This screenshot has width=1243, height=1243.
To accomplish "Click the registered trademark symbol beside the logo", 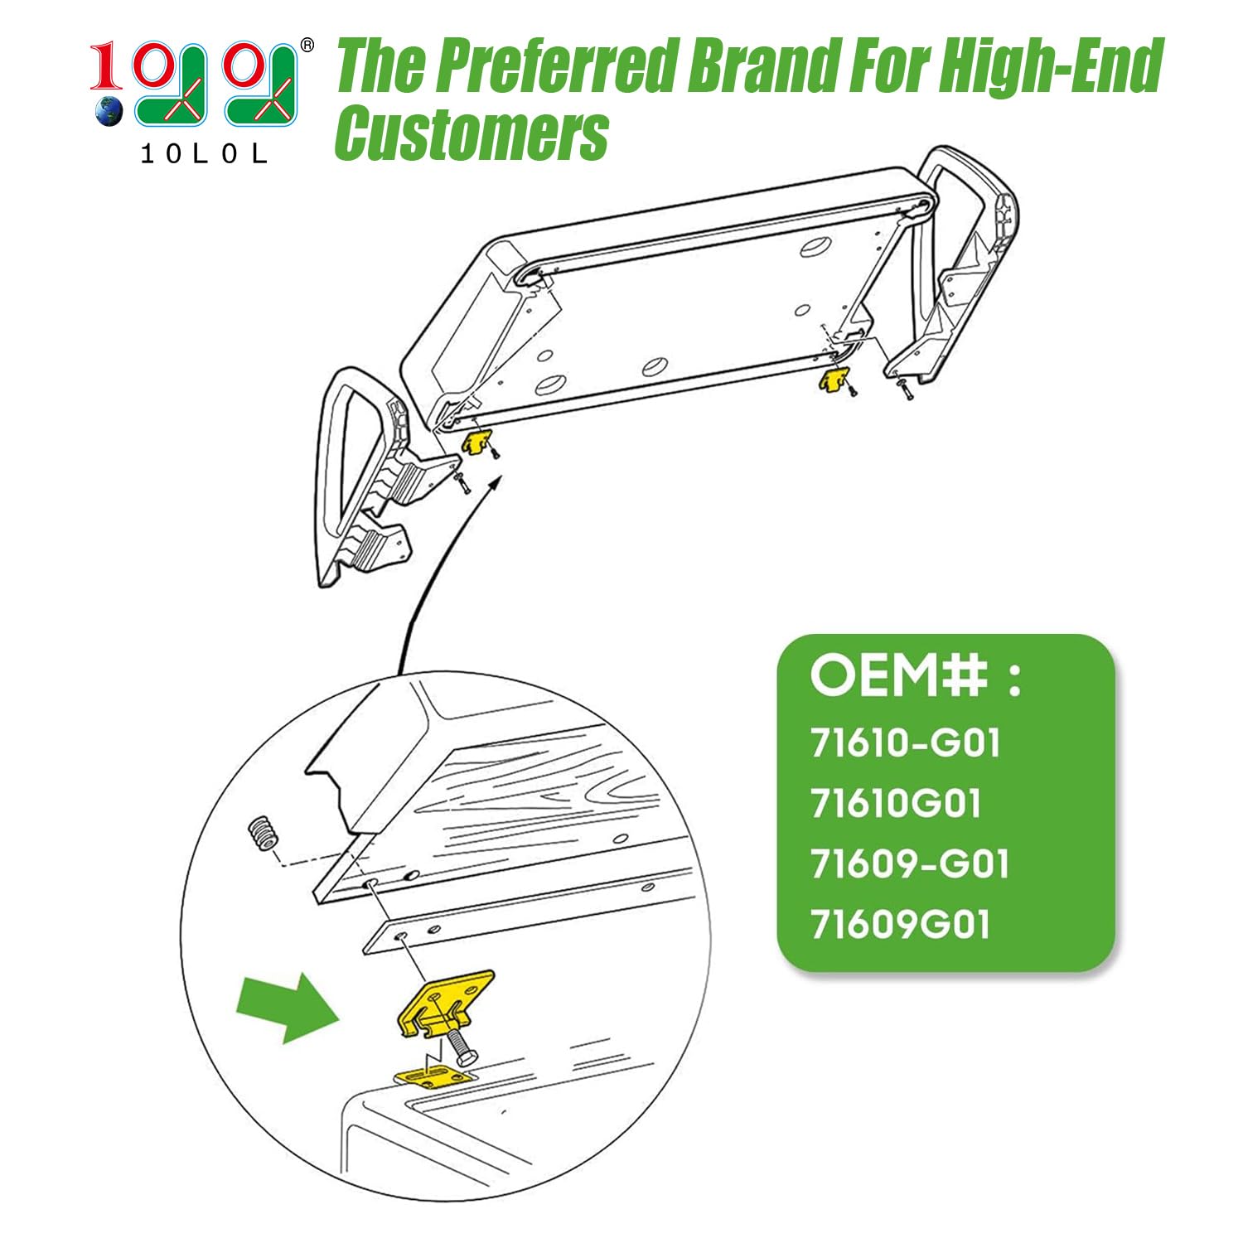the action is pos(307,45).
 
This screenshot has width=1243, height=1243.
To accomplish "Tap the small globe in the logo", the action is pos(109,111).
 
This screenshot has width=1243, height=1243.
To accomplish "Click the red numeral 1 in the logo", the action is pos(106,67).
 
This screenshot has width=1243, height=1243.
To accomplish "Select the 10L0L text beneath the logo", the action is pos(204,154).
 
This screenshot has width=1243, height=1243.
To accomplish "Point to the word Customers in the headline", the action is pos(472,133).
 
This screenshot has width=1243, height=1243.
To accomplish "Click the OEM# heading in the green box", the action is pos(917,675).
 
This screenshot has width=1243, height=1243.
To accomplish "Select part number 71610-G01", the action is pos(906,742).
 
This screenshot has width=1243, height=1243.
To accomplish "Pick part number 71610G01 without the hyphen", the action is pos(896,803).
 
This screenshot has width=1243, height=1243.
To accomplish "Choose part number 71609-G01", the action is pos(910,864).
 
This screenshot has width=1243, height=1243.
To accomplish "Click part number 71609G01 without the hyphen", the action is pos(900,925).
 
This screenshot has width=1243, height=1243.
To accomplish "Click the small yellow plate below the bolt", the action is pos(433,1078).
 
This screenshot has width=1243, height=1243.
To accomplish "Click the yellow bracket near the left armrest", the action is pos(476,442).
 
